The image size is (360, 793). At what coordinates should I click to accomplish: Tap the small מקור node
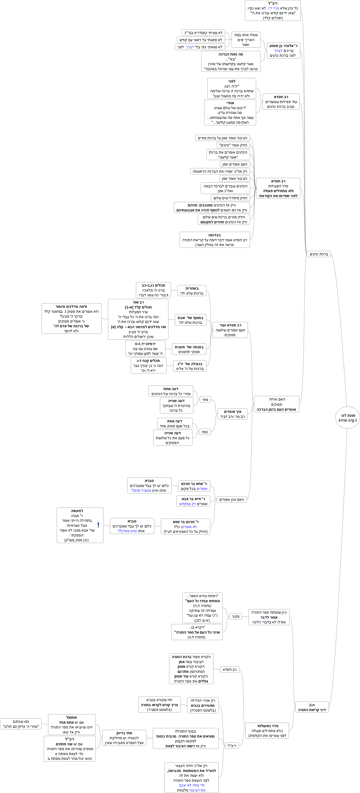[x=235, y=616]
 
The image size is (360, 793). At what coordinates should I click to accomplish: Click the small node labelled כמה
[x=205, y=432]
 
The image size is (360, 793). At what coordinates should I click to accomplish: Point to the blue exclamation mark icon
[x=98, y=525]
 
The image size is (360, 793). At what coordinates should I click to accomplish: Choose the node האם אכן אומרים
[x=231, y=499]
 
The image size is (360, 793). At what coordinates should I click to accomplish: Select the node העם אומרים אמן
[x=235, y=164]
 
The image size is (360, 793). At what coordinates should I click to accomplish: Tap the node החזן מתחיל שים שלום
[x=230, y=198]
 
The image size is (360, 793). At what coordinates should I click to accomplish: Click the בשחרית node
[x=192, y=291]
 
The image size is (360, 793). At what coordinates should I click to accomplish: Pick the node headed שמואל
[x=72, y=724]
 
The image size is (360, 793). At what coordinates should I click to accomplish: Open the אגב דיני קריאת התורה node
[x=312, y=707]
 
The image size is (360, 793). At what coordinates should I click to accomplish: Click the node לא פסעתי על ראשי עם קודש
[x=201, y=40]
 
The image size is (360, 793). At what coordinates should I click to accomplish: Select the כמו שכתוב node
[x=21, y=724]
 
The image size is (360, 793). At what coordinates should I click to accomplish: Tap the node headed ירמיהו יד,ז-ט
[x=145, y=349]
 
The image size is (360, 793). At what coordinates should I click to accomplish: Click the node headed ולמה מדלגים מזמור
[x=71, y=318]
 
